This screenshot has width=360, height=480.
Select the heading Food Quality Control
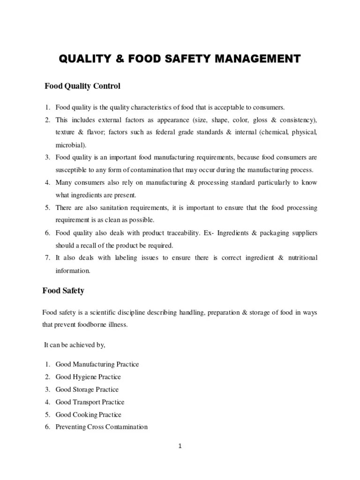pos(82,86)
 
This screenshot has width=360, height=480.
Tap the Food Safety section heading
pos(63,291)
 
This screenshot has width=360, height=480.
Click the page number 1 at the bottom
pos(180,446)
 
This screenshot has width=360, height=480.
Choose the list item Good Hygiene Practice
pos(88,377)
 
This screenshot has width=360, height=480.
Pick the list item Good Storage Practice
pos(87,390)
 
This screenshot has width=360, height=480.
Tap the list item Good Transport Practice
pos(90,402)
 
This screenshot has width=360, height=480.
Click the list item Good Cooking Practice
pos(88,415)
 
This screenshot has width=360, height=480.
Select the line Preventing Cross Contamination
pos(101,427)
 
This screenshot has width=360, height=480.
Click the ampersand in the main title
pos(120,59)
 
